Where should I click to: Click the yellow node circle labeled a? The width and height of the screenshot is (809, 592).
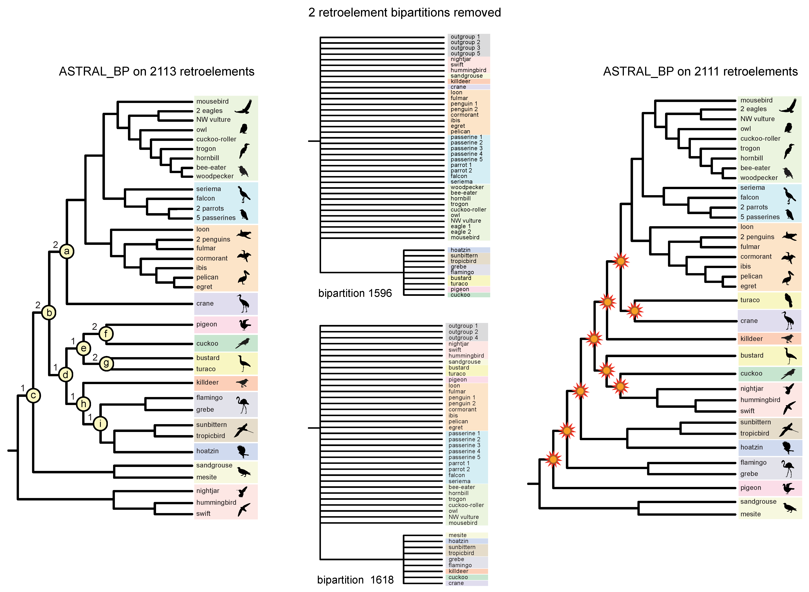pyautogui.click(x=67, y=251)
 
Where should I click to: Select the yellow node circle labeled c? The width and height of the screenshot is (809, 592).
pyautogui.click(x=33, y=396)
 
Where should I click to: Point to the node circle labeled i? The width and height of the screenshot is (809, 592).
pyautogui.click(x=100, y=424)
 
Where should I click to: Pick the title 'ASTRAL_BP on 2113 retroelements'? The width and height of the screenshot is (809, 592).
pyautogui.click(x=157, y=71)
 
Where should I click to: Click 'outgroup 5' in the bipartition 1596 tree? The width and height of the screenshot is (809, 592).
pyautogui.click(x=465, y=53)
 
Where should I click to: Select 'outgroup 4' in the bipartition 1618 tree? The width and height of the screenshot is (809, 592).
pyautogui.click(x=463, y=338)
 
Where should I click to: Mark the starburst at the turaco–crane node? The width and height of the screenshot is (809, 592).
pyautogui.click(x=634, y=311)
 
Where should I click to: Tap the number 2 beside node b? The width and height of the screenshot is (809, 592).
pyautogui.click(x=38, y=305)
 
